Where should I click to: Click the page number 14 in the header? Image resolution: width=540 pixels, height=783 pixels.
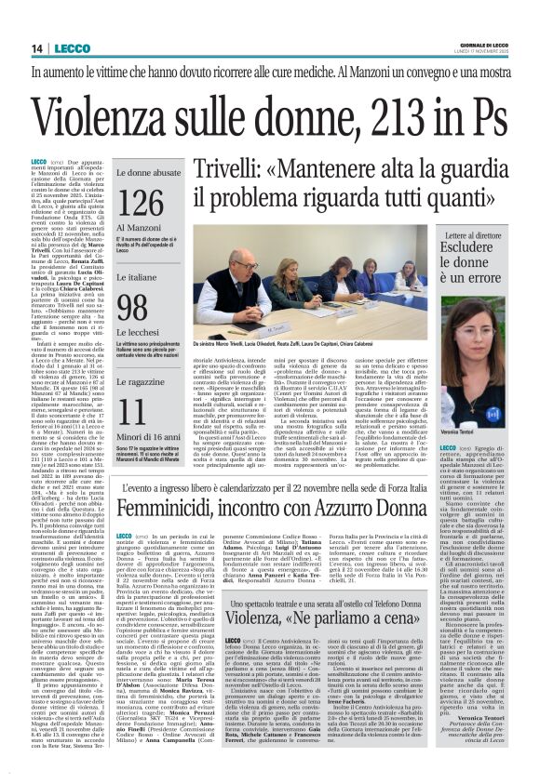(x=38, y=47)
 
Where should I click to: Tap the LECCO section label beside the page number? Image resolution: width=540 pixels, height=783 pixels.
(x=72, y=47)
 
